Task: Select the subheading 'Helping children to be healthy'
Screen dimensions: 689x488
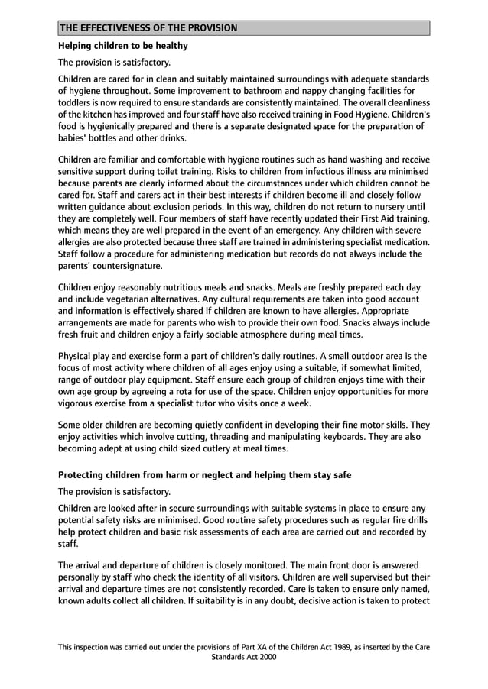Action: coord(123,46)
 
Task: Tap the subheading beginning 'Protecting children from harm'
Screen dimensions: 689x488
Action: coord(205,474)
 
